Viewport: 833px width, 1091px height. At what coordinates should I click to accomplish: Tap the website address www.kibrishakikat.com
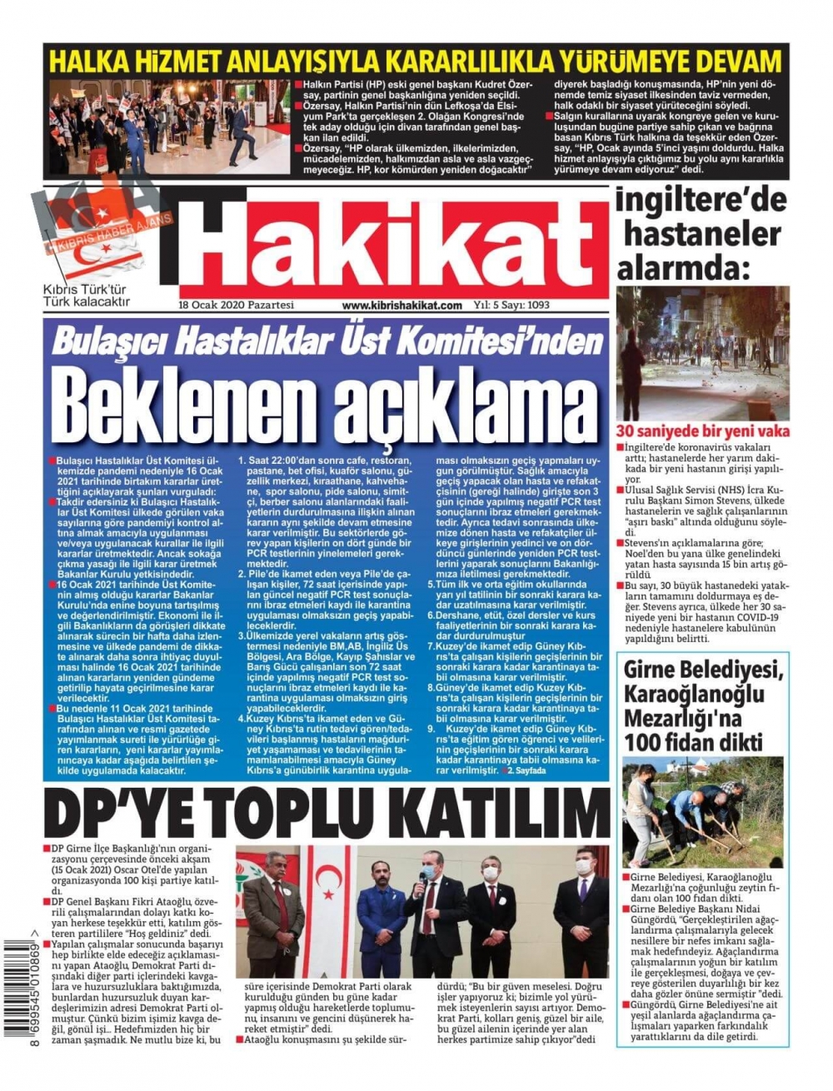coord(402,306)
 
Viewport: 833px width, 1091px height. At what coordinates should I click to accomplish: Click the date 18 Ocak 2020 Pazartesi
coord(237,306)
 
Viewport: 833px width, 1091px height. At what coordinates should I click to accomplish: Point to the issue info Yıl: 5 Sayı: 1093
coord(511,306)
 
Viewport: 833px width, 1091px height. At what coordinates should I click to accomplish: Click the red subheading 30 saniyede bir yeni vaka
coord(702,431)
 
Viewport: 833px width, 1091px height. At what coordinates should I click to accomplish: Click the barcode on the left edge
coord(16,990)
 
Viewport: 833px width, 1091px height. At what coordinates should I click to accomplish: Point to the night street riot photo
coord(702,353)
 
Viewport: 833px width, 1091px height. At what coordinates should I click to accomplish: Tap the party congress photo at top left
coord(169,127)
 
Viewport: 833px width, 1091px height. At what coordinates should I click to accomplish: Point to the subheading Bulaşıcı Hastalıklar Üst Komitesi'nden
coord(327,341)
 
